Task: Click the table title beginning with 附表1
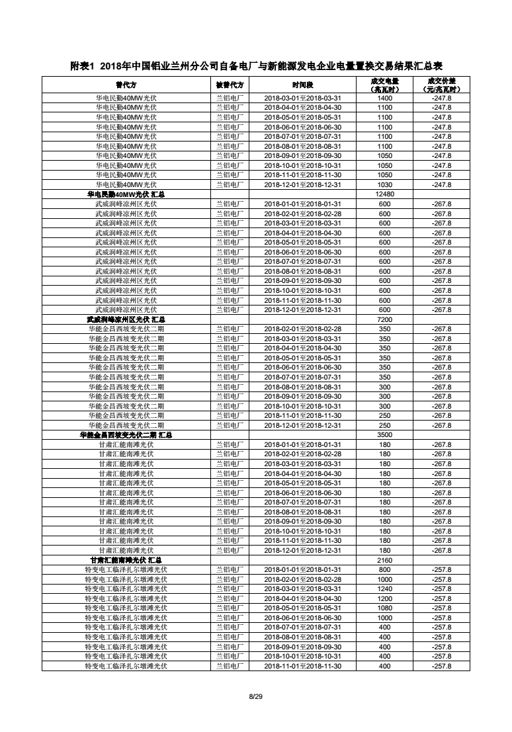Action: [256, 66]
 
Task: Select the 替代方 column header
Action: [126, 85]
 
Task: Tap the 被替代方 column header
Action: [230, 85]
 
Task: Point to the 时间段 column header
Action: [302, 85]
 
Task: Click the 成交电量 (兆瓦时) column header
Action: [384, 85]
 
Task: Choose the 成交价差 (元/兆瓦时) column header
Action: [441, 85]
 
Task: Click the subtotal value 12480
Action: [384, 194]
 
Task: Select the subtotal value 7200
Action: [384, 319]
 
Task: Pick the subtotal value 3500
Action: [384, 435]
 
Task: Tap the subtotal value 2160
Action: [384, 560]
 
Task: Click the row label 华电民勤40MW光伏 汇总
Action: [126, 194]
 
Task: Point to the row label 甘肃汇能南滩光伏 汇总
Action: [126, 560]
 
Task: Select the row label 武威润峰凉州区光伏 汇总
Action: [126, 319]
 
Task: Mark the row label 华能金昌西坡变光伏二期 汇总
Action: [126, 435]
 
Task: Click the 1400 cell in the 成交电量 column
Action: [384, 98]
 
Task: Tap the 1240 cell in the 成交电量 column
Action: [384, 589]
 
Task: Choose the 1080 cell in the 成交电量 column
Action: [384, 608]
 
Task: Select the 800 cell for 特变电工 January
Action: [384, 569]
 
